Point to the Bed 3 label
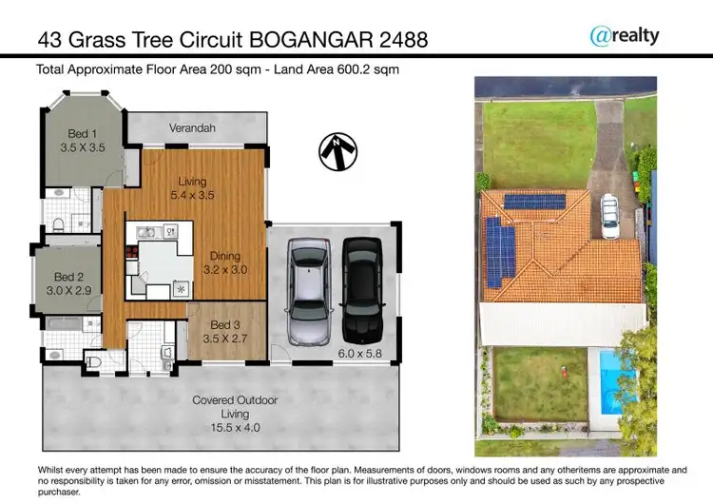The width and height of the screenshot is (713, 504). point(225,325)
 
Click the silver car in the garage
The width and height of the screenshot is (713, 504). point(308,295)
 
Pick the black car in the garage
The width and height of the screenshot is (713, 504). point(361,290)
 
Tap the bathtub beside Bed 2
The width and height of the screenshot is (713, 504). point(67,336)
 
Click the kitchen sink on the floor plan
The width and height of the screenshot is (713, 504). point(145,231)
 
